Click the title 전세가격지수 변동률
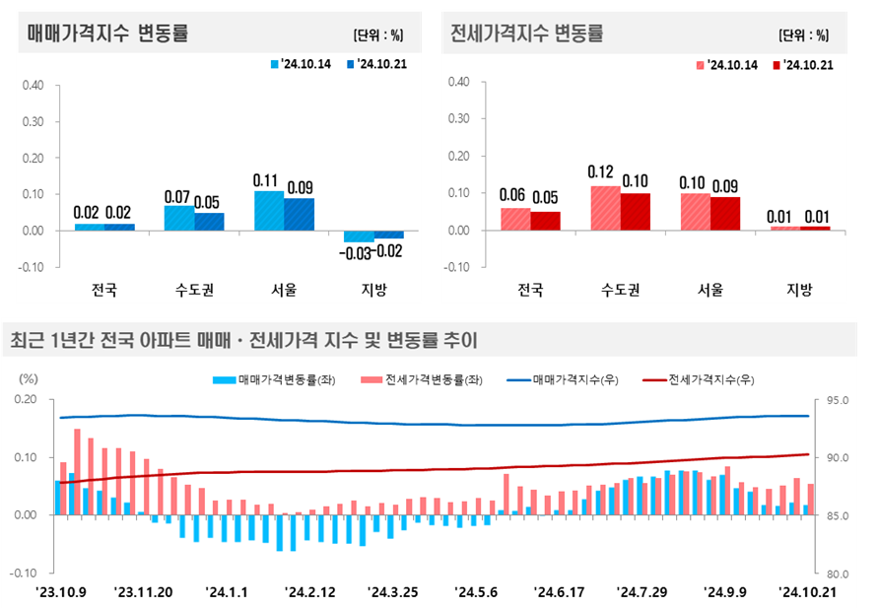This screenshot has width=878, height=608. coord(526,34)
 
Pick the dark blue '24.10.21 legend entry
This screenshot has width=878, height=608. coord(377,64)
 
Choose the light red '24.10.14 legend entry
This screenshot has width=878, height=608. coord(727,65)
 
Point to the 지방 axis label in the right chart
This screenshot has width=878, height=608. coord(798,290)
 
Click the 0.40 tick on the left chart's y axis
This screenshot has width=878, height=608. coord(33,85)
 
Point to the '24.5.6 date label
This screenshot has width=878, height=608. coord(477,592)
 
